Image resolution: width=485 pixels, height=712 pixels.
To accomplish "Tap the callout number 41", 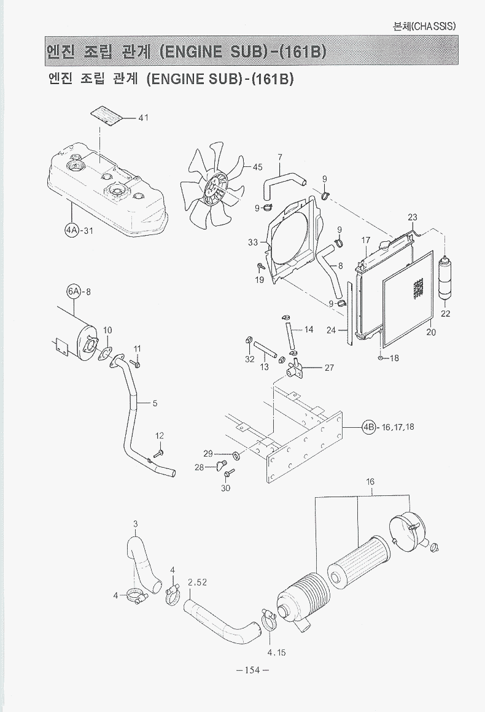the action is [x=144, y=118].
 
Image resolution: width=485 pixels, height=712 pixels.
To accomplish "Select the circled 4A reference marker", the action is [x=72, y=230].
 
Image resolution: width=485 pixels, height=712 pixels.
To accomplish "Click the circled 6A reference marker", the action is [x=74, y=291].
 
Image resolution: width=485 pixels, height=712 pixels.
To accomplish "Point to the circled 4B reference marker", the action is [x=369, y=427].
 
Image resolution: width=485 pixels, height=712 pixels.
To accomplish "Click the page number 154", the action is [x=252, y=670].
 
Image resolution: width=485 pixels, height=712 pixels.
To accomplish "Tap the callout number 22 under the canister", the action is [x=446, y=314].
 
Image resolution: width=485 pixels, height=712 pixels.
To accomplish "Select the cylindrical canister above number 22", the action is [x=445, y=278].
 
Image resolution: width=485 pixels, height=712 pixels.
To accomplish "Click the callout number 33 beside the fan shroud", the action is [x=253, y=242].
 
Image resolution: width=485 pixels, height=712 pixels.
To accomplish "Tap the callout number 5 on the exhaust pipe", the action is [x=155, y=403].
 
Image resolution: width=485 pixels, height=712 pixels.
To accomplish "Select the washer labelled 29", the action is [x=236, y=455].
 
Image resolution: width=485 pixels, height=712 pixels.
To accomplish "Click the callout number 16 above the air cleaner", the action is [x=370, y=482].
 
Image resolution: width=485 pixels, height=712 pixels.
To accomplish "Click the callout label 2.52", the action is [x=197, y=582].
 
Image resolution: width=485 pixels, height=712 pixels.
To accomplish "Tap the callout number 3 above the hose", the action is [x=135, y=524].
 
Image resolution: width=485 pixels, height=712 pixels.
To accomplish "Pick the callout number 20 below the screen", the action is [x=431, y=332].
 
